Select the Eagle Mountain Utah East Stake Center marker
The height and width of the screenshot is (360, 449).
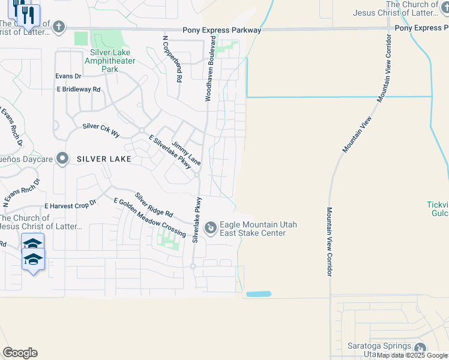click(210, 228)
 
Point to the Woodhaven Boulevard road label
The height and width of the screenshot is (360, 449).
click(211, 68)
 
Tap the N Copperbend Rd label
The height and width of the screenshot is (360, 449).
click(172, 59)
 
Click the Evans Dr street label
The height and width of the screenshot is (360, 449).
click(68, 76)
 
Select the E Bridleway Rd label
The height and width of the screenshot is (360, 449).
click(79, 89)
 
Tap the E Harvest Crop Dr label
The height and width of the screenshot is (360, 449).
click(70, 205)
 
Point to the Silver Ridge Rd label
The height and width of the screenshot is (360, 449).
click(154, 205)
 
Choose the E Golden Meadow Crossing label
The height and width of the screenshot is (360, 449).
click(149, 217)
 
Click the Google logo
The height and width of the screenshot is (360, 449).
click(20, 353)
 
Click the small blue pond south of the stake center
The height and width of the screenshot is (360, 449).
click(259, 294)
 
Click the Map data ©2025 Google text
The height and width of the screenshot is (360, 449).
click(412, 355)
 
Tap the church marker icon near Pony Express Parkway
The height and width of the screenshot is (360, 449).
click(58, 26)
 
